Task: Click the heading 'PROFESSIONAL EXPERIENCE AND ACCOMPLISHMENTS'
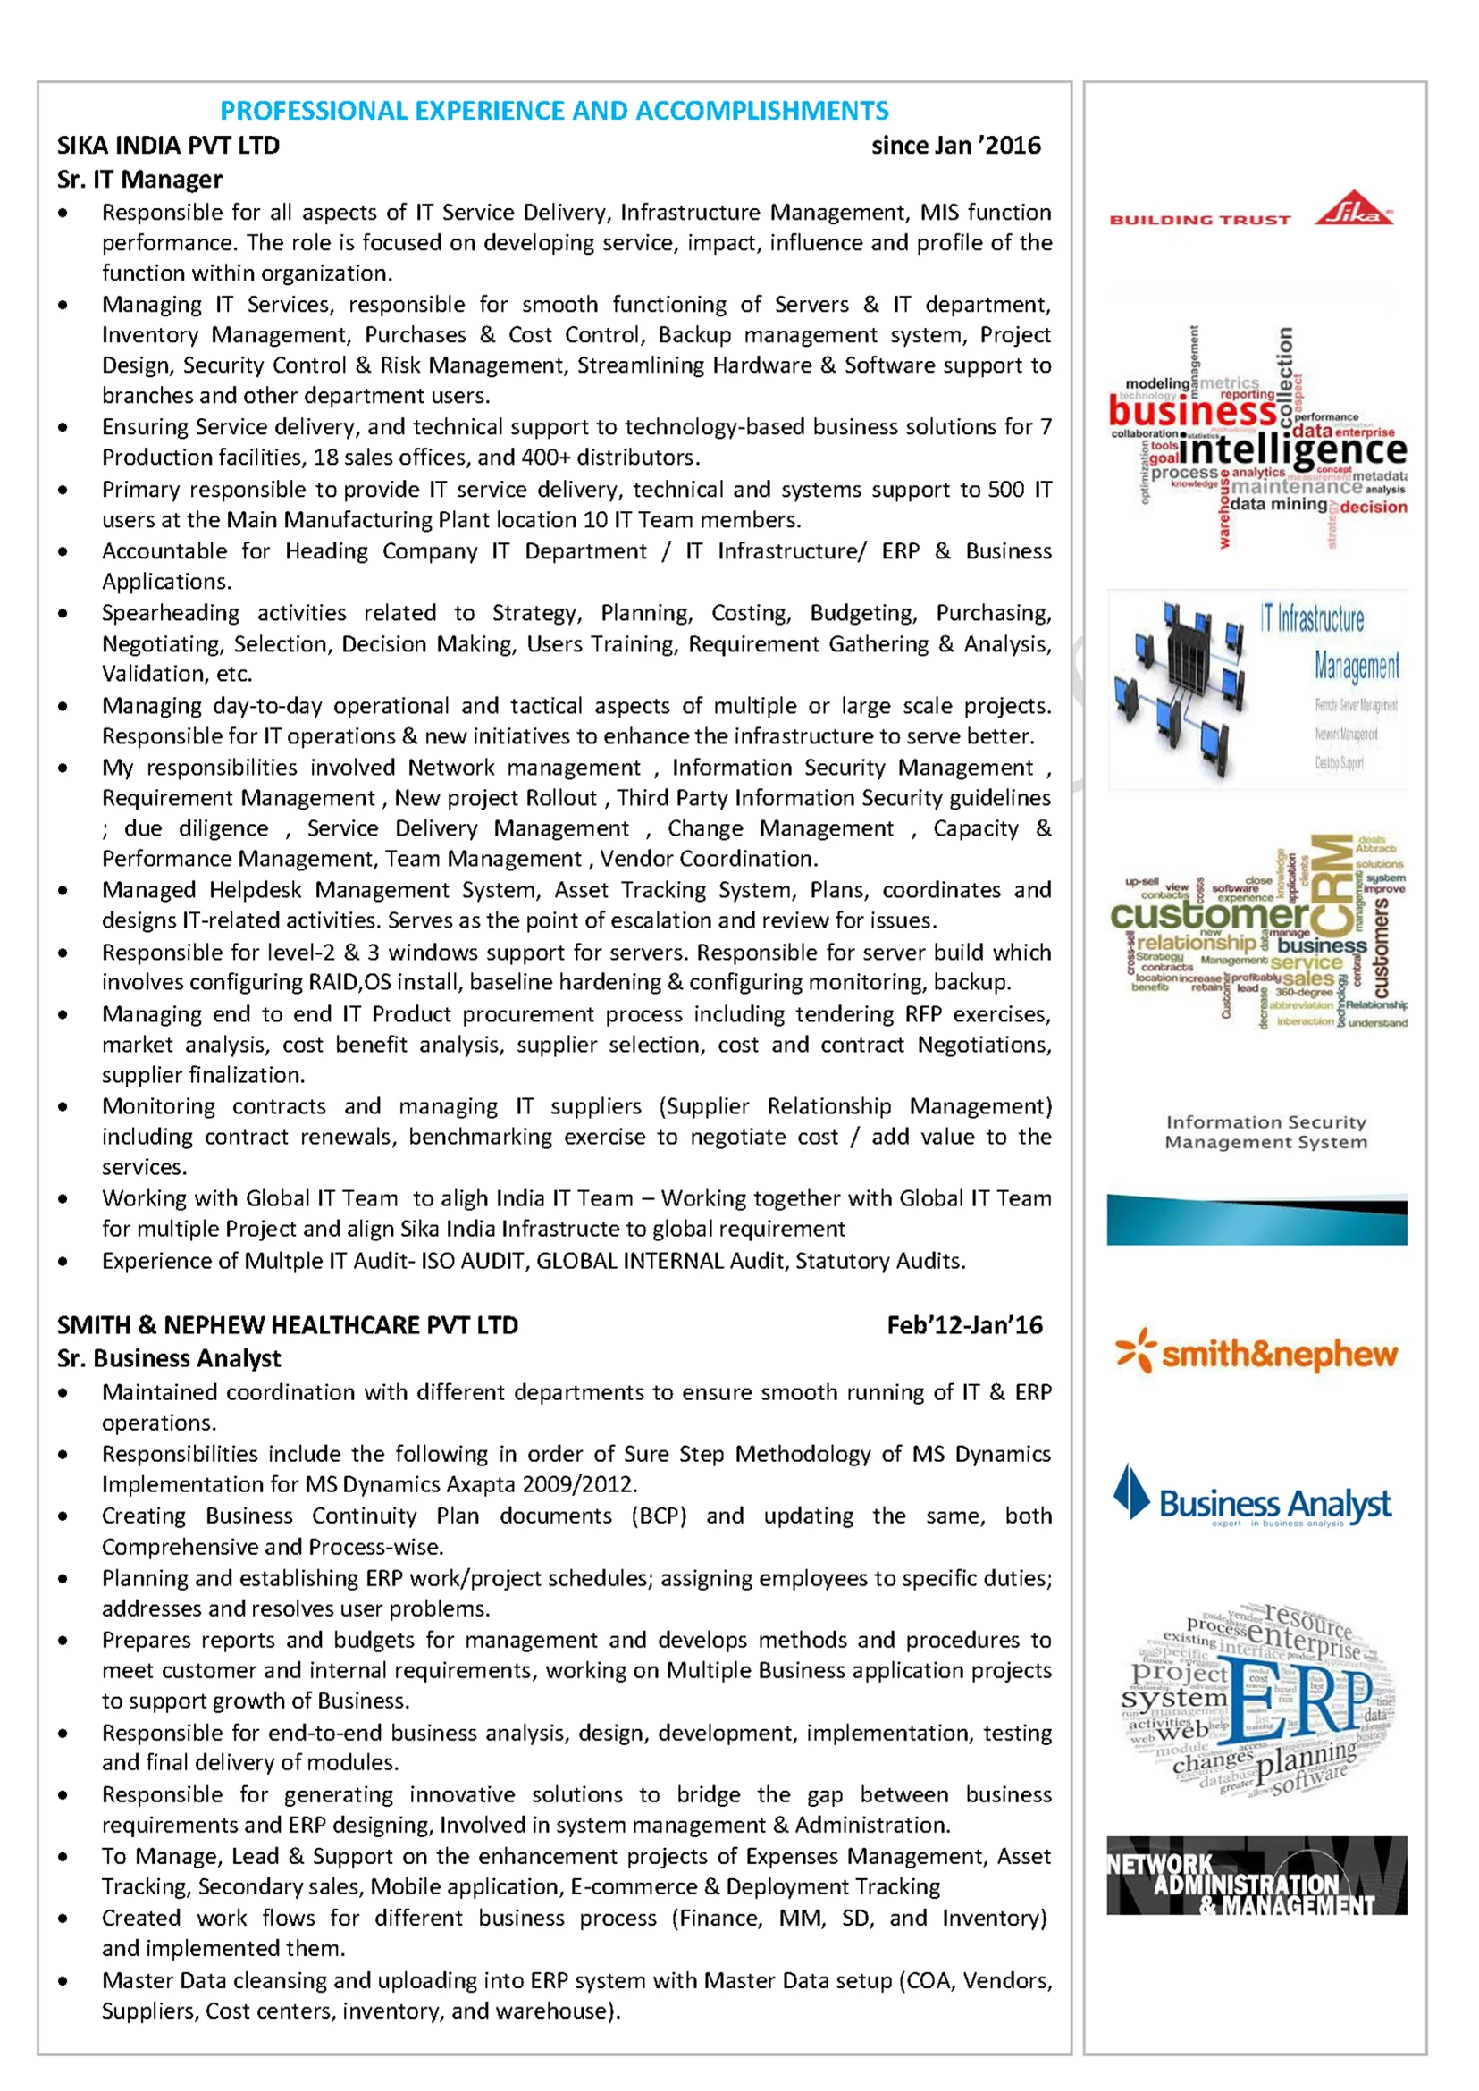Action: coord(554,111)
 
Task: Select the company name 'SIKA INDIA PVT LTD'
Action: coord(169,146)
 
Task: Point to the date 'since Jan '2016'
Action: coord(955,146)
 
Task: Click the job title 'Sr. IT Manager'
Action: coord(139,180)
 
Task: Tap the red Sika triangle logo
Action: coord(1353,209)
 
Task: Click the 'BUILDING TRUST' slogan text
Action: coord(1199,221)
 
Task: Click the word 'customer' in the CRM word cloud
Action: coord(1209,913)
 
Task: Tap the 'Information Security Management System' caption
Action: coord(1265,1132)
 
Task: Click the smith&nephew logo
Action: coord(1256,1353)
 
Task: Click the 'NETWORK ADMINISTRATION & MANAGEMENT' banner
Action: coord(1256,1876)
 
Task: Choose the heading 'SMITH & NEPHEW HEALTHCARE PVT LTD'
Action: coord(288,1325)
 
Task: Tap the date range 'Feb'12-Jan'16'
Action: coord(964,1325)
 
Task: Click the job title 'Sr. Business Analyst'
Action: coord(169,1358)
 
